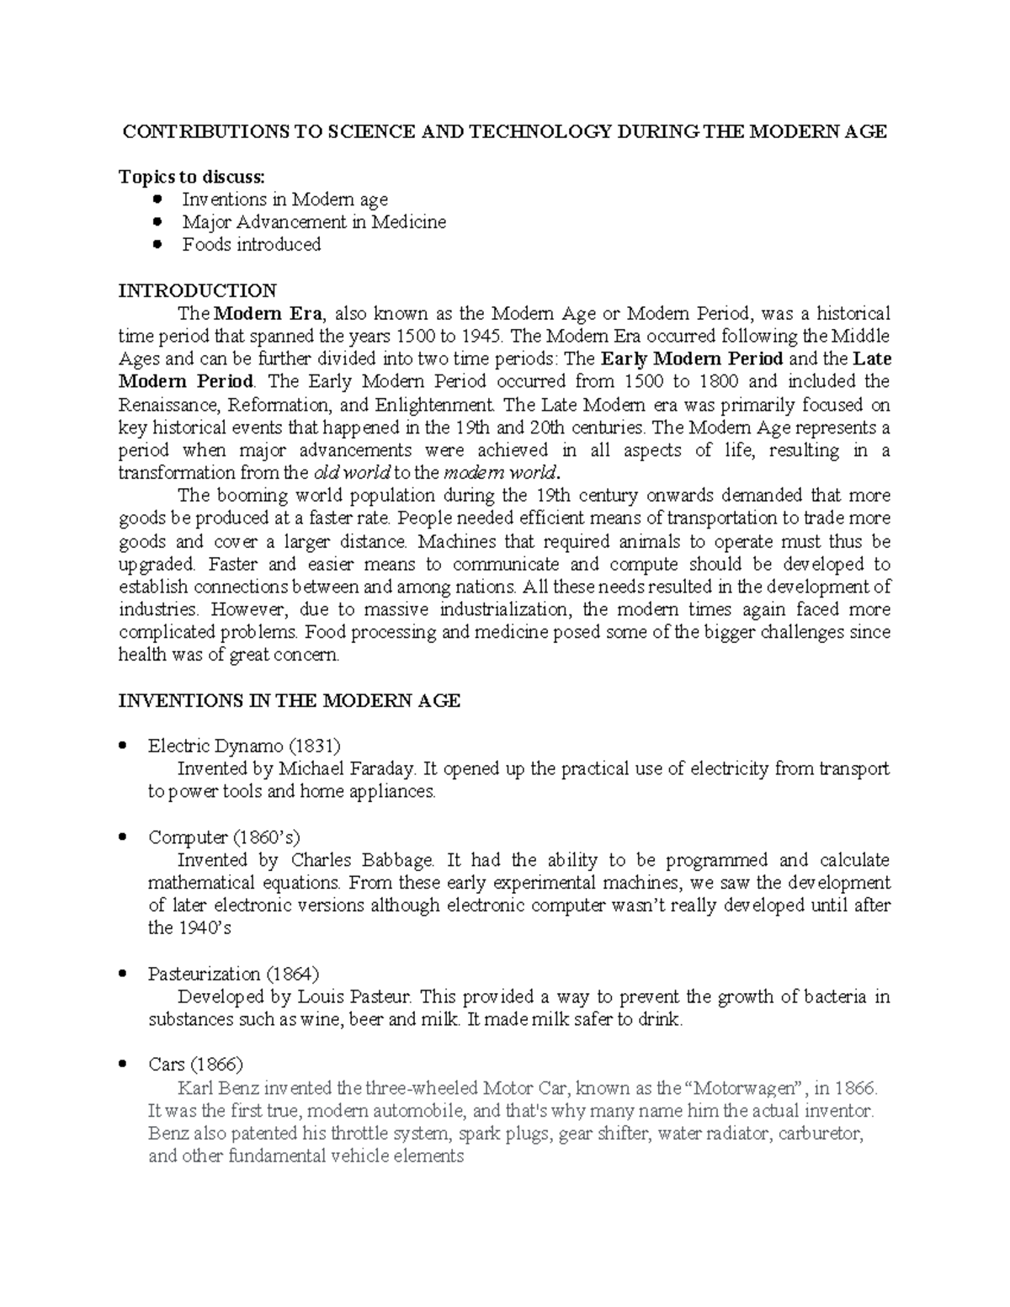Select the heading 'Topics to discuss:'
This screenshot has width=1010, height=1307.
coord(191,177)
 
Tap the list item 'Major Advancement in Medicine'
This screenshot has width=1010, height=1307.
coord(313,222)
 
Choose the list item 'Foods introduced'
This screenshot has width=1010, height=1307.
coord(251,245)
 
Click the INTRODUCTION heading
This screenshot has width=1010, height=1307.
coord(197,291)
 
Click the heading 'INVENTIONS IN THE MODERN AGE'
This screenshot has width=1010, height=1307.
coord(289,701)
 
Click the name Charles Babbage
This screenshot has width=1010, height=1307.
coord(362,860)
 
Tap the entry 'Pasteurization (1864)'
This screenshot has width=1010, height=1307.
coord(233,975)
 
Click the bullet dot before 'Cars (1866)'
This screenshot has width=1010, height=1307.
coord(124,1065)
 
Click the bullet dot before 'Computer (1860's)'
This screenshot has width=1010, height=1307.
coord(124,837)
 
